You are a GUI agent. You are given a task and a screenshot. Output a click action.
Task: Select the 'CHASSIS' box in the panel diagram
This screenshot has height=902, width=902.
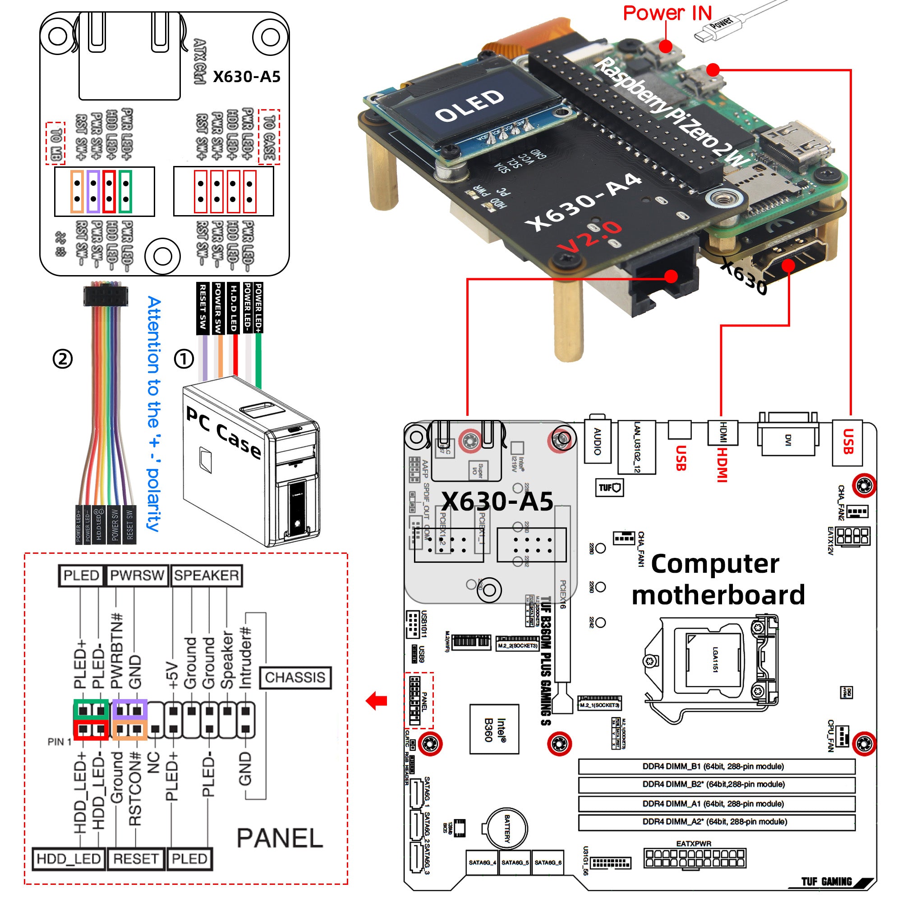[x=295, y=677]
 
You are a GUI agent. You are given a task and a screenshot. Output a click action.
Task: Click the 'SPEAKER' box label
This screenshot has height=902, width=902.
[x=207, y=575]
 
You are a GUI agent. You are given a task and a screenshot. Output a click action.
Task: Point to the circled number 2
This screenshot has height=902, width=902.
[x=63, y=359]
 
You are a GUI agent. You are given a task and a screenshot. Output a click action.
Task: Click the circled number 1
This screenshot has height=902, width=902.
[x=184, y=359]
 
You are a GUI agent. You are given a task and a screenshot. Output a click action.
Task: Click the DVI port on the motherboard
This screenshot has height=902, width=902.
[x=787, y=439]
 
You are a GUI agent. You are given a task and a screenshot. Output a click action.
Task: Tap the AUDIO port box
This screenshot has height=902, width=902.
[x=597, y=442]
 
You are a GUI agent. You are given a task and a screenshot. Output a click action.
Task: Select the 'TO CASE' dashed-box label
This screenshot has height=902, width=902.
[x=269, y=137]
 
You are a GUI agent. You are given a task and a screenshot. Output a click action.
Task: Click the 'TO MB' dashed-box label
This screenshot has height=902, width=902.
[x=55, y=143]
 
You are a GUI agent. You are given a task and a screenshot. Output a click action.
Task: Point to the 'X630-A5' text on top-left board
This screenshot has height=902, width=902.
[x=247, y=77]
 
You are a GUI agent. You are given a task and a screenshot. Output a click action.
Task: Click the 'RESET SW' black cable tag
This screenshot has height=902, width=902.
[x=202, y=308]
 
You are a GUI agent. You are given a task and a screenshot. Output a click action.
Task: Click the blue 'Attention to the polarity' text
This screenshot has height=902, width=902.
[x=155, y=413]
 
